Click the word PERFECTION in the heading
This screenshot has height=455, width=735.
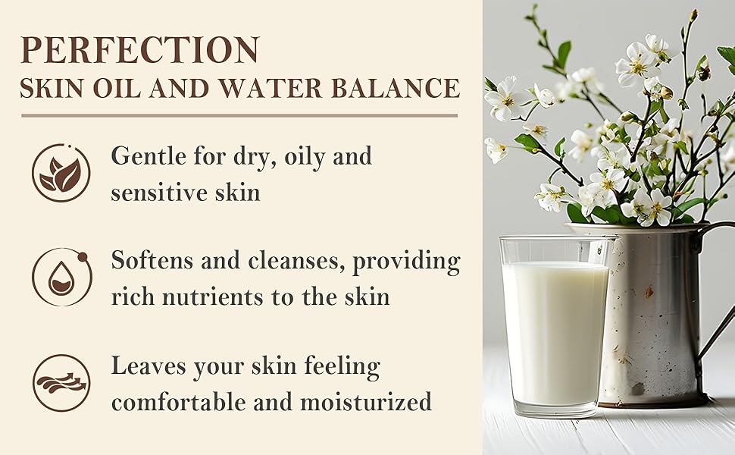pos(139,49)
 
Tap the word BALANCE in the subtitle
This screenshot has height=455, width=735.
pos(396,87)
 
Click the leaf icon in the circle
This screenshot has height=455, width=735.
pos(61,174)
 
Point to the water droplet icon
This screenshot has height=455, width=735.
pos(61,278)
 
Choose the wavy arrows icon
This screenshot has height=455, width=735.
pos(61,383)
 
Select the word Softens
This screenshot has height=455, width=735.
pos(152,260)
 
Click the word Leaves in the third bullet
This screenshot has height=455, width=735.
pos(149,366)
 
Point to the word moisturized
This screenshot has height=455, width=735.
pos(366,403)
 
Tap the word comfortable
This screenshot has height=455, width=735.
pos(179,403)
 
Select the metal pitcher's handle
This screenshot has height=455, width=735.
pos(715,300)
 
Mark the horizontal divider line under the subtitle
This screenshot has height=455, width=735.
pos(239,115)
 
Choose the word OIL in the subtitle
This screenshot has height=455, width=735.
pos(117,87)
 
